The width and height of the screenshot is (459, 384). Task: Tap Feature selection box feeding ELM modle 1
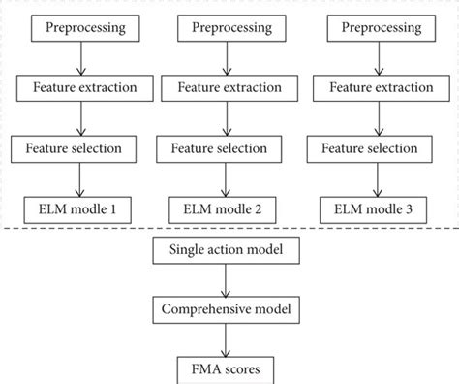point(79,149)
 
